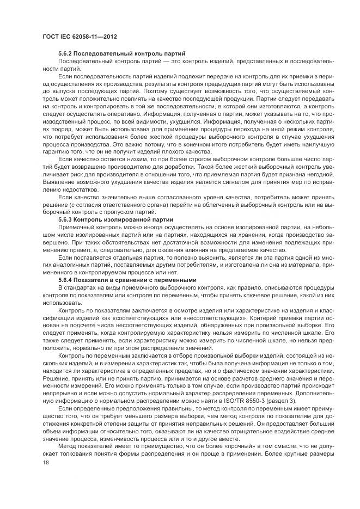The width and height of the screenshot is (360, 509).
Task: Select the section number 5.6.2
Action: coord(65,54)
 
